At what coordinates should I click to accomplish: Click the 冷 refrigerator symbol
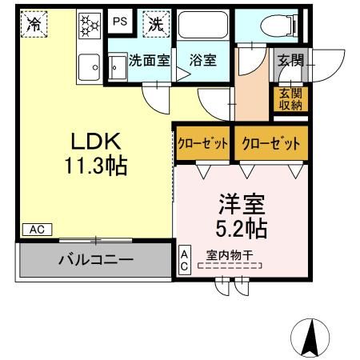[x=34, y=24]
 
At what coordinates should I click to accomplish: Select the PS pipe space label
[x=119, y=22]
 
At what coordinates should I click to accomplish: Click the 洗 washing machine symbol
[x=154, y=24]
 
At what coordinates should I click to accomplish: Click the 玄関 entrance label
[x=290, y=59]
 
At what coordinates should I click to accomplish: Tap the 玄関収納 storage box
[x=290, y=98]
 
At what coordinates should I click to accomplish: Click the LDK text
[x=96, y=142]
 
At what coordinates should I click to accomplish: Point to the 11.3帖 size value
[x=96, y=167]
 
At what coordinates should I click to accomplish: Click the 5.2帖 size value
[x=240, y=228]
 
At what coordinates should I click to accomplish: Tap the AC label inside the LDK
[x=37, y=230]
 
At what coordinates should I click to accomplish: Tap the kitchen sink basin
[x=86, y=66]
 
